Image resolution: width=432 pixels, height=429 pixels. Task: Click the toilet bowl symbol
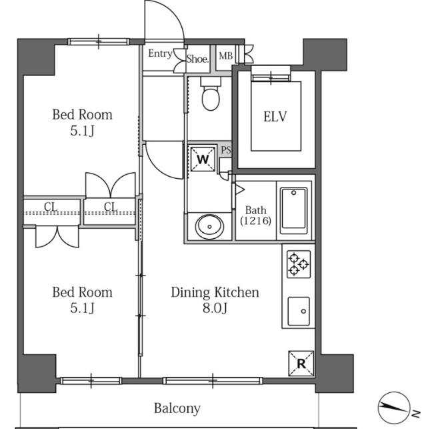pyautogui.click(x=211, y=94)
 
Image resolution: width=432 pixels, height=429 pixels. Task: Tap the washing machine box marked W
pyautogui.click(x=203, y=159)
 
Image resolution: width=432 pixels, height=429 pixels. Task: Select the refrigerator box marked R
pyautogui.click(x=301, y=364)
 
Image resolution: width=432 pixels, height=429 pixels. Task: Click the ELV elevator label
pyautogui.click(x=275, y=116)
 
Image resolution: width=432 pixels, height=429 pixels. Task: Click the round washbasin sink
pyautogui.click(x=209, y=227)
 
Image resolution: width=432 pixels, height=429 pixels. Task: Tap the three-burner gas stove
pyautogui.click(x=299, y=264)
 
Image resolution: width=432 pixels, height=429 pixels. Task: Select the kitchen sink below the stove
pyautogui.click(x=299, y=312)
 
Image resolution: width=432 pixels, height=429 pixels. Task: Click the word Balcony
pyautogui.click(x=177, y=408)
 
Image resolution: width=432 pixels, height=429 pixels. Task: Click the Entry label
pyautogui.click(x=160, y=53)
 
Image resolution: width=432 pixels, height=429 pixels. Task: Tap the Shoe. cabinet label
pyautogui.click(x=197, y=59)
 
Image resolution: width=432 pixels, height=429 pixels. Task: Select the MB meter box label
pyautogui.click(x=225, y=56)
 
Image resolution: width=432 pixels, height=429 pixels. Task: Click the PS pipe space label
pyautogui.click(x=226, y=150)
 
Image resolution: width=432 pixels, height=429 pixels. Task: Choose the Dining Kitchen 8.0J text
pyautogui.click(x=215, y=300)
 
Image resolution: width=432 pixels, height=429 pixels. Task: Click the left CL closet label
pyautogui.click(x=51, y=207)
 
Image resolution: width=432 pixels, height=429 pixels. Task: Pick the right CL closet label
pyautogui.click(x=111, y=207)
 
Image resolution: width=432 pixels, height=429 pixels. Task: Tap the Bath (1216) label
pyautogui.click(x=256, y=216)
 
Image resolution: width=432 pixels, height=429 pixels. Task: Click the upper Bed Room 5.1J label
pyautogui.click(x=83, y=122)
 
